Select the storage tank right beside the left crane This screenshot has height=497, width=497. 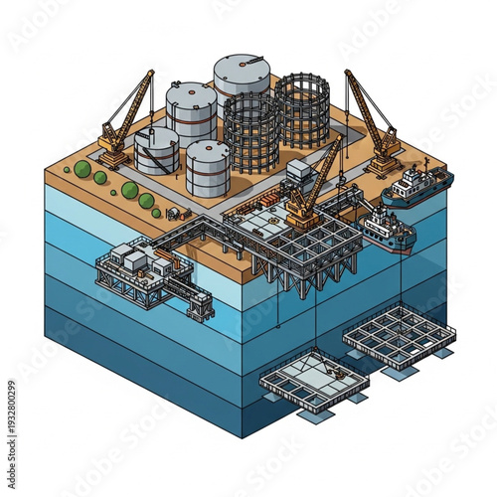click(157, 150)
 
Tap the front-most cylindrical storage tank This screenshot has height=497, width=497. click(208, 167)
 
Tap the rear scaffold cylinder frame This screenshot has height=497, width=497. click(302, 109)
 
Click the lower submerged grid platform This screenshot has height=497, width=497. click(313, 378)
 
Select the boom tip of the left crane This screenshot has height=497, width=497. click(152, 73)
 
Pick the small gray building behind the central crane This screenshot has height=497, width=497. click(299, 170)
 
